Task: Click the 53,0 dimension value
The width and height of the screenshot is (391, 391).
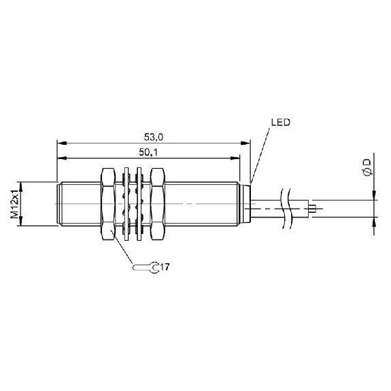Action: coord(154,137)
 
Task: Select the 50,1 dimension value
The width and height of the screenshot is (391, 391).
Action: coord(148,152)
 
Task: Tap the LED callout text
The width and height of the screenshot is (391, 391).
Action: coord(281,122)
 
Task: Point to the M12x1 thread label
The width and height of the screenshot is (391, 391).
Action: coord(14,204)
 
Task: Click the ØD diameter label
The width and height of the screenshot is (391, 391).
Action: coord(368,167)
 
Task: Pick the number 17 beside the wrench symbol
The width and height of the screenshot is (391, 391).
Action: coord(165,267)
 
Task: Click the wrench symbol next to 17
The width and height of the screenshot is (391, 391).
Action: coord(146,267)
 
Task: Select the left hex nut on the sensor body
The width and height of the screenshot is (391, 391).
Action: coord(108,204)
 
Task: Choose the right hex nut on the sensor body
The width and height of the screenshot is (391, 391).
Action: coord(158,204)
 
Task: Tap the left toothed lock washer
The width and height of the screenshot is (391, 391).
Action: coord(126,204)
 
